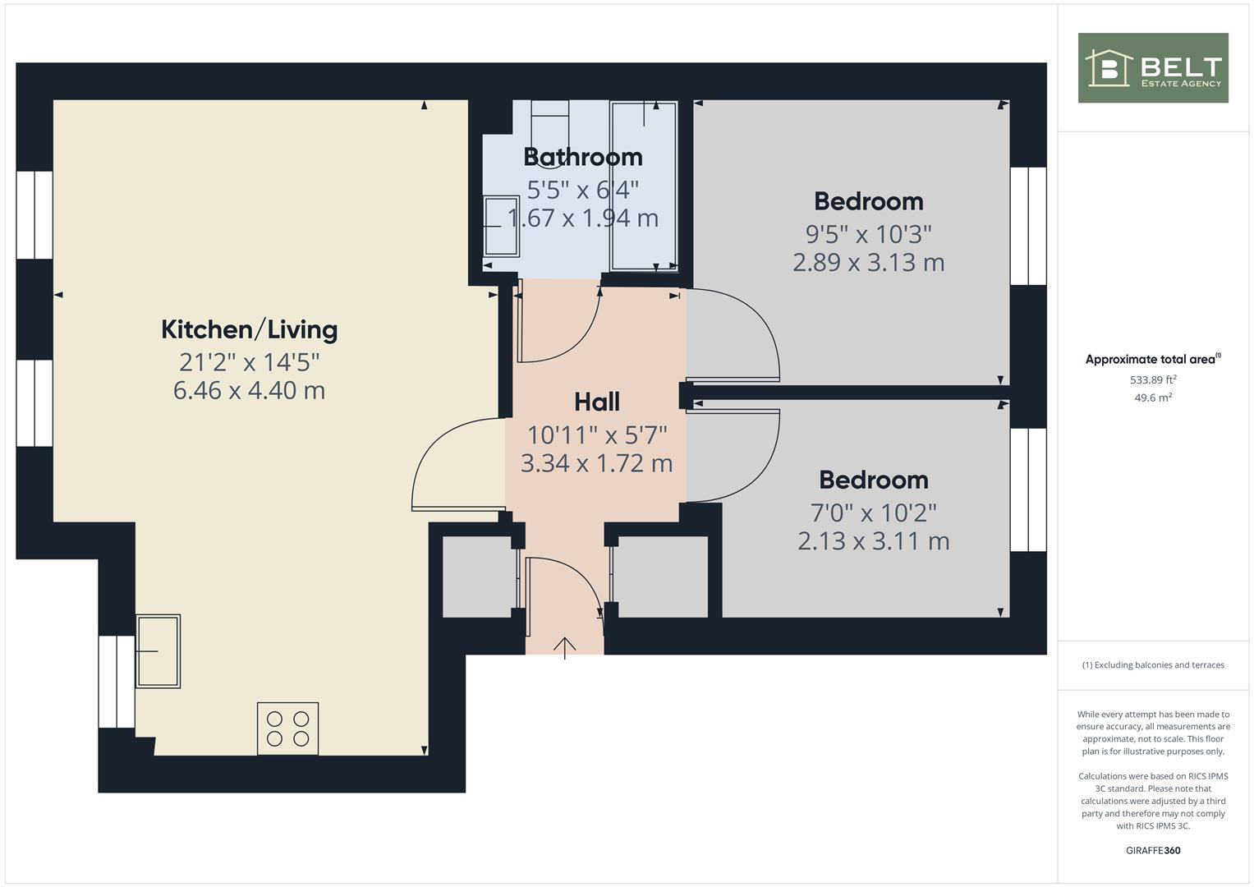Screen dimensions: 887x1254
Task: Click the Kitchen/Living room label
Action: click(x=249, y=329)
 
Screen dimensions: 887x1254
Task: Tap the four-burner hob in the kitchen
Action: click(x=287, y=728)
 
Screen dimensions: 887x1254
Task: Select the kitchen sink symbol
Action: click(x=158, y=650)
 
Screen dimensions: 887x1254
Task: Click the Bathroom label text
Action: click(x=582, y=156)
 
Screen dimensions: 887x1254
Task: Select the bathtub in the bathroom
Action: click(x=644, y=186)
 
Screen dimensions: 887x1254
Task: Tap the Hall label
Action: click(x=596, y=402)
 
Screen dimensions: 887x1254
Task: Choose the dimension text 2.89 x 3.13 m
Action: click(x=868, y=262)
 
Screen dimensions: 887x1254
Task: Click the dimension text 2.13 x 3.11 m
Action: click(x=873, y=540)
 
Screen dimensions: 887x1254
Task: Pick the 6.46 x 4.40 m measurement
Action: click(x=249, y=389)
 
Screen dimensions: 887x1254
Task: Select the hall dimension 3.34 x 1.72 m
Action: click(x=596, y=462)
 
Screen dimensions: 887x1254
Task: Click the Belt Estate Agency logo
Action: click(x=1152, y=67)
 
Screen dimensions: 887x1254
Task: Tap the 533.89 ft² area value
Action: click(x=1153, y=379)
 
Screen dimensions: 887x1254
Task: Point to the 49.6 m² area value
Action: click(x=1153, y=398)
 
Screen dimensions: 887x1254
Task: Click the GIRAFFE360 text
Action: click(x=1152, y=850)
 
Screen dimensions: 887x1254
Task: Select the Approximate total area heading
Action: click(x=1152, y=359)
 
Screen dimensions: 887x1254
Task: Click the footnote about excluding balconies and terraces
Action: click(x=1152, y=665)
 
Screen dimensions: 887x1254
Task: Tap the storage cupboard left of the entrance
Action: click(x=476, y=577)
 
